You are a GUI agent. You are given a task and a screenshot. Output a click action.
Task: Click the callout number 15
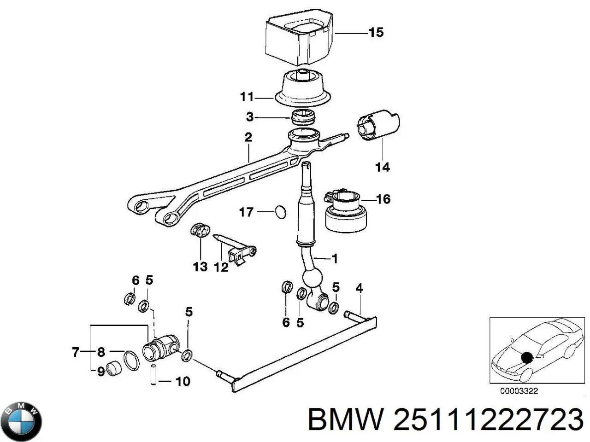pos(376,33)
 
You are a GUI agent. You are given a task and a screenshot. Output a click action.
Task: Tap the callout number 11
pos(247,97)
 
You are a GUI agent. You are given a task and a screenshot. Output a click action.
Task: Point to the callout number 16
pos(383,199)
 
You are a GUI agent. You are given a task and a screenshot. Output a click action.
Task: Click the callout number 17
pos(246,212)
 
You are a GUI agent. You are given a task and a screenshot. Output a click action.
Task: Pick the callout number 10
pos(183,381)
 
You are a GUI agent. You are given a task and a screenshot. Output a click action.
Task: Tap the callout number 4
pos(359,289)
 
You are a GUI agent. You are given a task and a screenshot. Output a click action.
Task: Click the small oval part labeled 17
pos(280,212)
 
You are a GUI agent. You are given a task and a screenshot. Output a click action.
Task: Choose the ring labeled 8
pos(131,360)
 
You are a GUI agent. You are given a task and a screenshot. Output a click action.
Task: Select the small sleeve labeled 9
pos(114,369)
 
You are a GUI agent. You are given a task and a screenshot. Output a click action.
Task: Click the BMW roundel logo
pos(21,421)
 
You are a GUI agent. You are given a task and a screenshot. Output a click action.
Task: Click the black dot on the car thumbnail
pos(526,357)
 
